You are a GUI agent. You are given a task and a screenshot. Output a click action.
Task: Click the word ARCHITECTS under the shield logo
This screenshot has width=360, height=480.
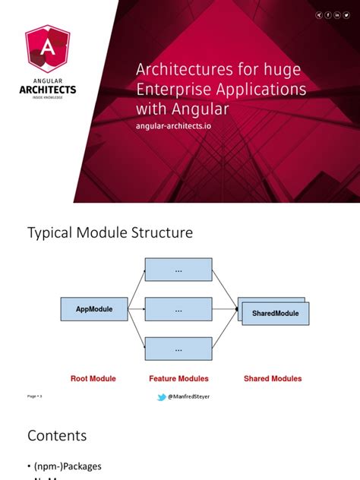click(x=47, y=89)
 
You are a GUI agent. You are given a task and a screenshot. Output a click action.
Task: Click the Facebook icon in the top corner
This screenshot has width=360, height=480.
click(x=328, y=15)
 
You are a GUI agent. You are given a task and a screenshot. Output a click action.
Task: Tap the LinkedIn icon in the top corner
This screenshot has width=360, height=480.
click(x=337, y=15)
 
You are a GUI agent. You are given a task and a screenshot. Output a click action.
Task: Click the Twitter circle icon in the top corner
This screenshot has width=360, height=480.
click(x=346, y=15)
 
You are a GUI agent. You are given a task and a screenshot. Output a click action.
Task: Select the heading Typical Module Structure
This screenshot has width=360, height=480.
click(x=110, y=232)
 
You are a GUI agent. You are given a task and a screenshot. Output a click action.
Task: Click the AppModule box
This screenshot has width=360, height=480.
click(x=93, y=309)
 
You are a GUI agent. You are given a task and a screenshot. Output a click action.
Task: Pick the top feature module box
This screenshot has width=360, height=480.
click(x=178, y=270)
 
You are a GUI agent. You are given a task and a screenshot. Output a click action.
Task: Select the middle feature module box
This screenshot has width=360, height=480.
click(x=178, y=309)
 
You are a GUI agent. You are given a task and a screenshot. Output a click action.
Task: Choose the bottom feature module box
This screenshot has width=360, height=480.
click(x=178, y=349)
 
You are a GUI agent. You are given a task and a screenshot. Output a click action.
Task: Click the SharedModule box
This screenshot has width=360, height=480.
click(x=276, y=313)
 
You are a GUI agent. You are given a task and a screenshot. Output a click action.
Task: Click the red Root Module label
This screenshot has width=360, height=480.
click(x=93, y=378)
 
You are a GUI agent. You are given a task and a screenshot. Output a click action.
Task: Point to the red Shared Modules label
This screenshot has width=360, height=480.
click(x=272, y=378)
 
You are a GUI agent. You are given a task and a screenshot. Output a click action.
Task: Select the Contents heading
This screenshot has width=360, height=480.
click(x=57, y=436)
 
